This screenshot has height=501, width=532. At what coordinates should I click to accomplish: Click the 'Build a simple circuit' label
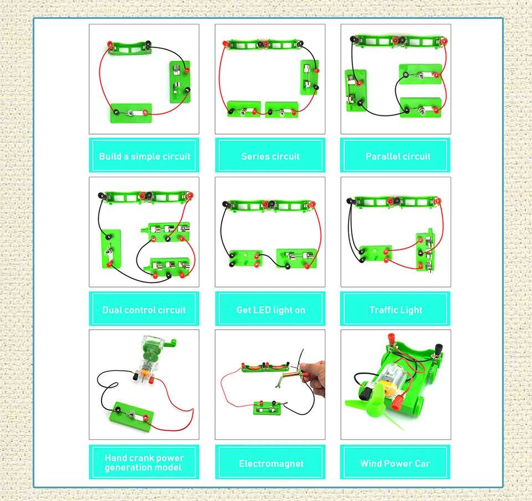pos(144,156)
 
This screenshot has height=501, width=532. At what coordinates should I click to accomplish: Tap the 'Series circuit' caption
pos(270,156)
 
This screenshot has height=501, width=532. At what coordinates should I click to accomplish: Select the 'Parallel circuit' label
pos(397,156)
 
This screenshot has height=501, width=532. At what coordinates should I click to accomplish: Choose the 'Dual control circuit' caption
pos(144,310)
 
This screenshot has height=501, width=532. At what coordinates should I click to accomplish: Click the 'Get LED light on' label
pos(270,310)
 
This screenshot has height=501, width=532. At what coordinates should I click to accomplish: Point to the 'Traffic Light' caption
pos(396,310)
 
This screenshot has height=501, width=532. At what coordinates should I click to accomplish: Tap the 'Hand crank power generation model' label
pos(144,463)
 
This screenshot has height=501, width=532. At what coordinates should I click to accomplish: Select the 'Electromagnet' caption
pos(270,463)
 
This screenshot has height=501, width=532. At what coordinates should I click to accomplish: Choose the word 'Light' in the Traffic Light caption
pos(411,310)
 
